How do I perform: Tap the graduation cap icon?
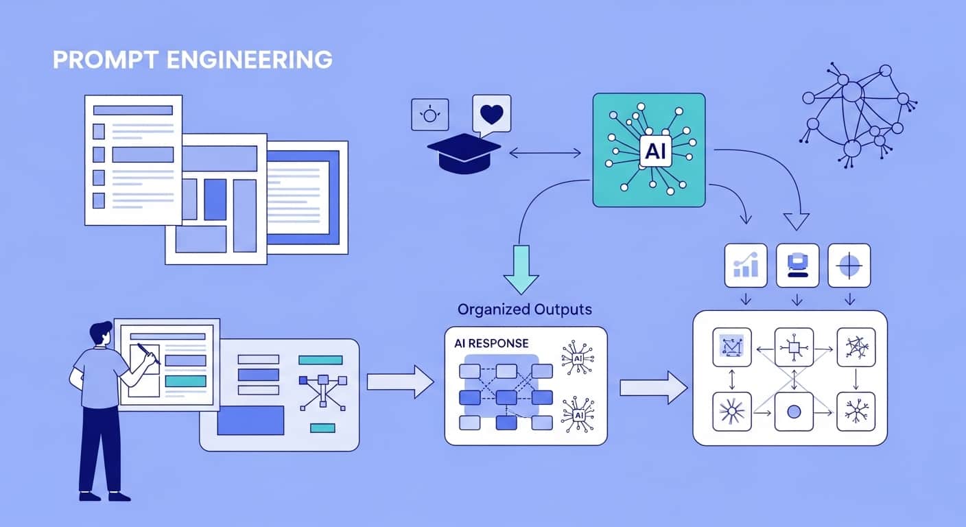[x=464, y=152]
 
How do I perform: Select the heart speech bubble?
[x=491, y=114]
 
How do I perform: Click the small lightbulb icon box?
[x=429, y=114]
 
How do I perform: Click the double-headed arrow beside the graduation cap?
[x=545, y=153]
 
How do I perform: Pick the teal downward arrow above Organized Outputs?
[x=521, y=268]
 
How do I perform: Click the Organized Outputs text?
[x=524, y=309]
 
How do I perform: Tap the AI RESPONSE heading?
[x=492, y=342]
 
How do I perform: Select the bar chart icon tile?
[x=746, y=265]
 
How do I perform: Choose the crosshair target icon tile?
[x=849, y=265]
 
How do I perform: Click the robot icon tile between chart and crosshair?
[x=797, y=265]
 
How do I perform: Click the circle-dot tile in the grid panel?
[x=794, y=412]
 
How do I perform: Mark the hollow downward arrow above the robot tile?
[x=796, y=220]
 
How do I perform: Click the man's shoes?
[x=104, y=495]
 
